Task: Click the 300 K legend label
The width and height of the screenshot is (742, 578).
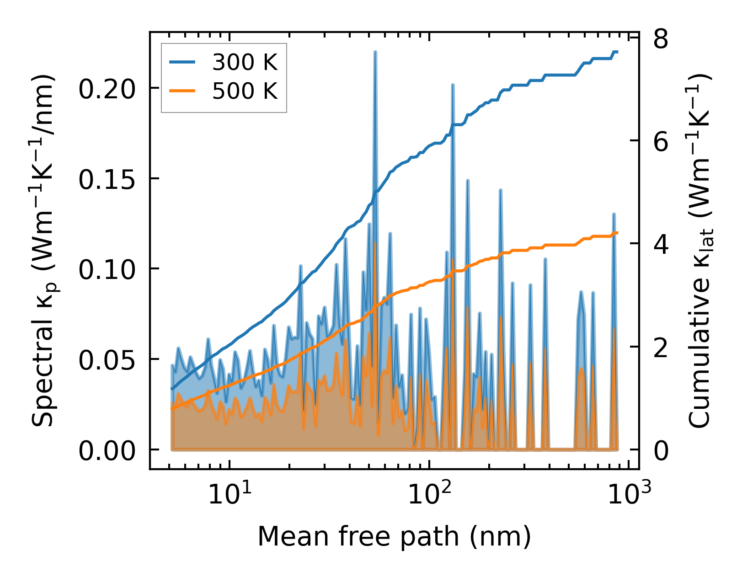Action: pyautogui.click(x=245, y=62)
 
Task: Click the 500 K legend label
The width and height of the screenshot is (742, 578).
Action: pyautogui.click(x=245, y=91)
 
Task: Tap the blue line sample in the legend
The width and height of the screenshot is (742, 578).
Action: pyautogui.click(x=182, y=62)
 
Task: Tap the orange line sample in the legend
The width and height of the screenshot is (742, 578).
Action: pyautogui.click(x=182, y=91)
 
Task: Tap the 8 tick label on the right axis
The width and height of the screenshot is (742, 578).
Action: pyautogui.click(x=661, y=38)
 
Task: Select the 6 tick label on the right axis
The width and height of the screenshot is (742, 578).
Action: pyautogui.click(x=661, y=141)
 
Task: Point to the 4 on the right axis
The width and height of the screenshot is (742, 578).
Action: pyautogui.click(x=661, y=244)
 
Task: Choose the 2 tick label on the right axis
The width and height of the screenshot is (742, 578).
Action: pyautogui.click(x=661, y=347)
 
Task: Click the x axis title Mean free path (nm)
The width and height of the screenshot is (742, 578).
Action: pyautogui.click(x=394, y=536)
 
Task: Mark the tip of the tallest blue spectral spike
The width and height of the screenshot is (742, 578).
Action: pyautogui.click(x=375, y=52)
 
